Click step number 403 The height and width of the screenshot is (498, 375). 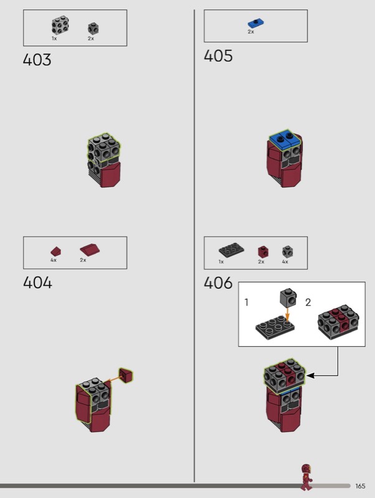point(37,60)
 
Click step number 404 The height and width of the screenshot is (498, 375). point(37,283)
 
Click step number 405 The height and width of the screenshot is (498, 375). point(218,56)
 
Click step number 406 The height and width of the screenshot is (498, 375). point(218,283)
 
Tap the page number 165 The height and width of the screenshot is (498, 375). point(361,486)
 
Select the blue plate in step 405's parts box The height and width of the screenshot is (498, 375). point(254,24)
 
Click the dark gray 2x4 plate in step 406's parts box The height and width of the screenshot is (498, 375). point(231,250)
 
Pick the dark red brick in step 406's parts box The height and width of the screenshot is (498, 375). point(262,251)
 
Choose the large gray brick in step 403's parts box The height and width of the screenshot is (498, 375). point(60,26)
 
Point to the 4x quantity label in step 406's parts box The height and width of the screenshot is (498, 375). point(285,262)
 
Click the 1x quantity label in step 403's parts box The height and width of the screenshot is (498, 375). point(54,39)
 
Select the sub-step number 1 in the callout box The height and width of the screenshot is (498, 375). point(247,303)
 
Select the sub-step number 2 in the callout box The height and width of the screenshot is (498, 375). point(308,303)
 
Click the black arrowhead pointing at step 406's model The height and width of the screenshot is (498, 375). point(310,375)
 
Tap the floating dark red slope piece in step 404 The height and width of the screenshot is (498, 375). point(127,375)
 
